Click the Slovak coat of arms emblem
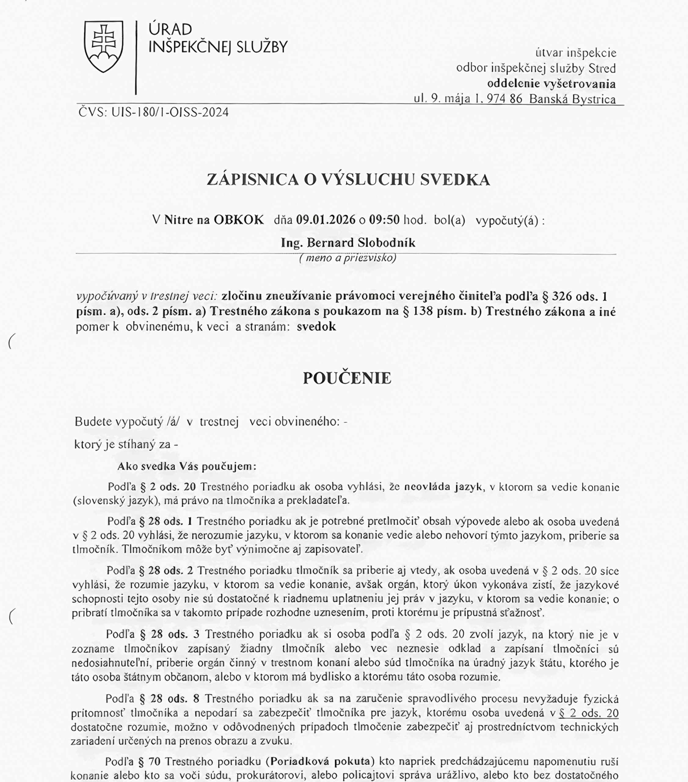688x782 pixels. pyautogui.click(x=104, y=46)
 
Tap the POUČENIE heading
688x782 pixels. pyautogui.click(x=347, y=378)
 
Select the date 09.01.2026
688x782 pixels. pyautogui.click(x=326, y=220)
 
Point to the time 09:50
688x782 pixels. pyautogui.click(x=384, y=220)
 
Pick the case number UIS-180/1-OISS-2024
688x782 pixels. pyautogui.click(x=170, y=112)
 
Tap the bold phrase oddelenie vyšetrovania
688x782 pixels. pyautogui.click(x=551, y=84)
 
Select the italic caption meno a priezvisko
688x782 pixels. pyautogui.click(x=348, y=258)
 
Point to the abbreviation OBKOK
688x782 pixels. pyautogui.click(x=238, y=220)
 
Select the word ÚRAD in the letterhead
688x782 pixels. pyautogui.click(x=170, y=29)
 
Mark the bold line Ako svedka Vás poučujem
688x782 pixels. pyautogui.click(x=187, y=466)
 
